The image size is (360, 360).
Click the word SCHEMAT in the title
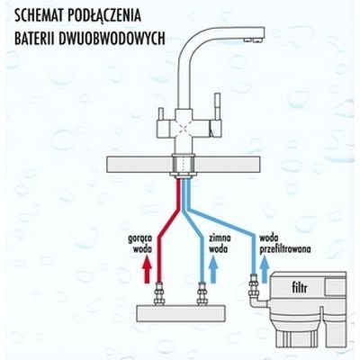pyautogui.click(x=40, y=15)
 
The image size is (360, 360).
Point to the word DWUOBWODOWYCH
pyautogui.click(x=112, y=39)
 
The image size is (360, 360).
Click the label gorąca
pyautogui.click(x=140, y=239)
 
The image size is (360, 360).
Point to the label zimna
pyautogui.click(x=220, y=238)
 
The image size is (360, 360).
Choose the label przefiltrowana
pyautogui.click(x=285, y=249)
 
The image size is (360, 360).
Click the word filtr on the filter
pyautogui.click(x=300, y=288)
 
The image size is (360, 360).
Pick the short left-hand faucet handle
pyautogui.click(x=161, y=114)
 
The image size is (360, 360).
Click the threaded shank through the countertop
pyautogui.click(x=184, y=165)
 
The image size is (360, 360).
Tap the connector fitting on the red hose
pyautogui.click(x=158, y=293)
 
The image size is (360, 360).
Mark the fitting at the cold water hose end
pyautogui.click(x=202, y=293)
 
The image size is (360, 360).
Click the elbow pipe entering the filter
pyautogui.click(x=257, y=301)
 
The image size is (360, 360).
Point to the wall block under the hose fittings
pyautogui.click(x=181, y=313)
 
